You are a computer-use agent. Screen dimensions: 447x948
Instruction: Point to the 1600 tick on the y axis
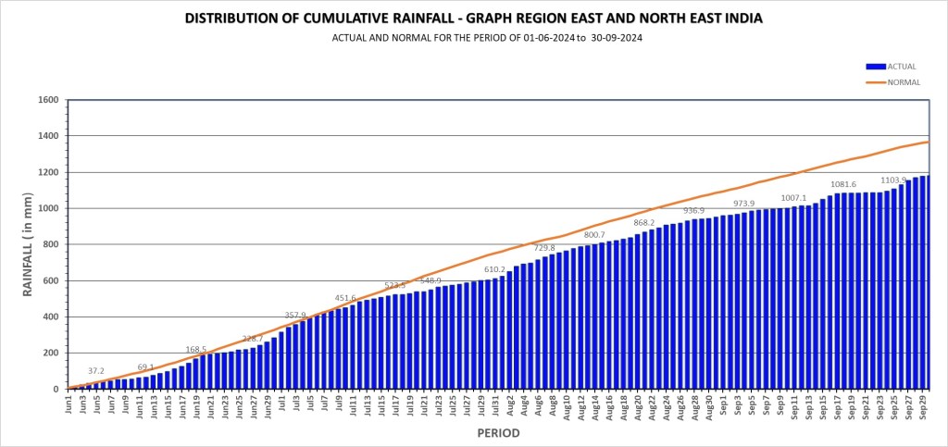click(47, 100)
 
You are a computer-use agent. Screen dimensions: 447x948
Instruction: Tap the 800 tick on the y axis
click(51, 244)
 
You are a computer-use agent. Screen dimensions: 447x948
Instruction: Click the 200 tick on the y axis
click(51, 354)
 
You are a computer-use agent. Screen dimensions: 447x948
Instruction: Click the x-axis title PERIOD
click(498, 433)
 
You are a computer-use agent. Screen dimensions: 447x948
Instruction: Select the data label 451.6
click(345, 298)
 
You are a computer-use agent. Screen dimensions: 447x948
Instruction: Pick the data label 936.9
click(694, 211)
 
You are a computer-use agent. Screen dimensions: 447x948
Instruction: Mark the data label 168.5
click(197, 350)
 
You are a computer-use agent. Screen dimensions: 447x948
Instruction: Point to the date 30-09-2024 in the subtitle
click(613, 39)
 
